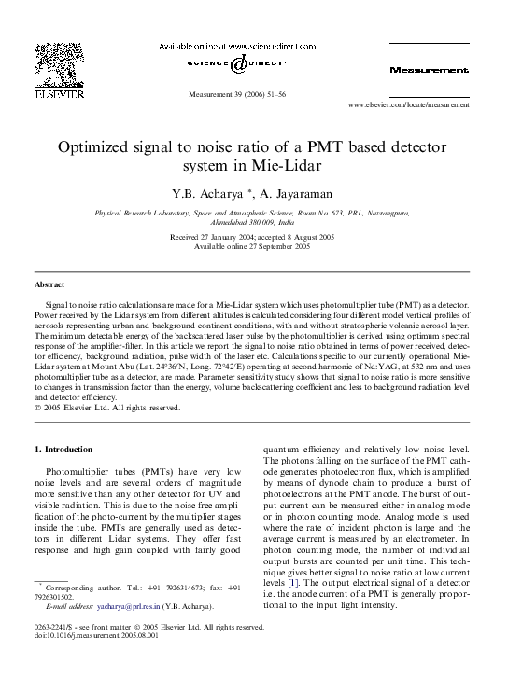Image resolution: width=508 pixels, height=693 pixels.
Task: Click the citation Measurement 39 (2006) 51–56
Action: pos(237,95)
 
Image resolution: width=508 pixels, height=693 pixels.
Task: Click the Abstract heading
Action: pos(49,284)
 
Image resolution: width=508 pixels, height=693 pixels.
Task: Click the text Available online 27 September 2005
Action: pos(252,246)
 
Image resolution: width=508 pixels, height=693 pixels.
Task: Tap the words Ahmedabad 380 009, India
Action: pos(253,224)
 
